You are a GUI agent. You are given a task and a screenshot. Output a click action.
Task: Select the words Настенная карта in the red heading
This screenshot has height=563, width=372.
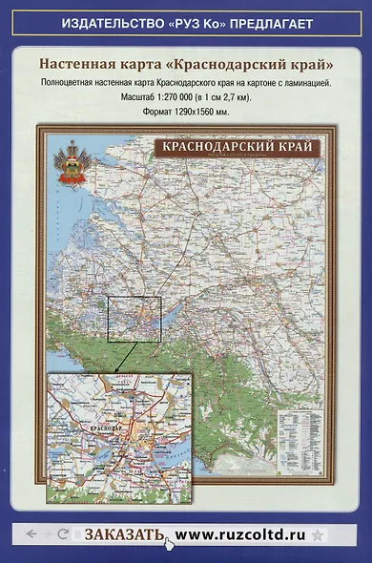click(x=90, y=65)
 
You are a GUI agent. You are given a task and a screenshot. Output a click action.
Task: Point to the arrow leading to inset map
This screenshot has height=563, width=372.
click(x=122, y=357)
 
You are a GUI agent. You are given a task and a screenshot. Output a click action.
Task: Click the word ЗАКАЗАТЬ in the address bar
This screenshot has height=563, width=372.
click(x=124, y=534)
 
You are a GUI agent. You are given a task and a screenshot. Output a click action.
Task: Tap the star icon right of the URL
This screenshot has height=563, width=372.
click(x=317, y=534)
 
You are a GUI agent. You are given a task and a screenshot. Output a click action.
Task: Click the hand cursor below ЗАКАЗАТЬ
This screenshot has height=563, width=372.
click(x=169, y=545)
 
